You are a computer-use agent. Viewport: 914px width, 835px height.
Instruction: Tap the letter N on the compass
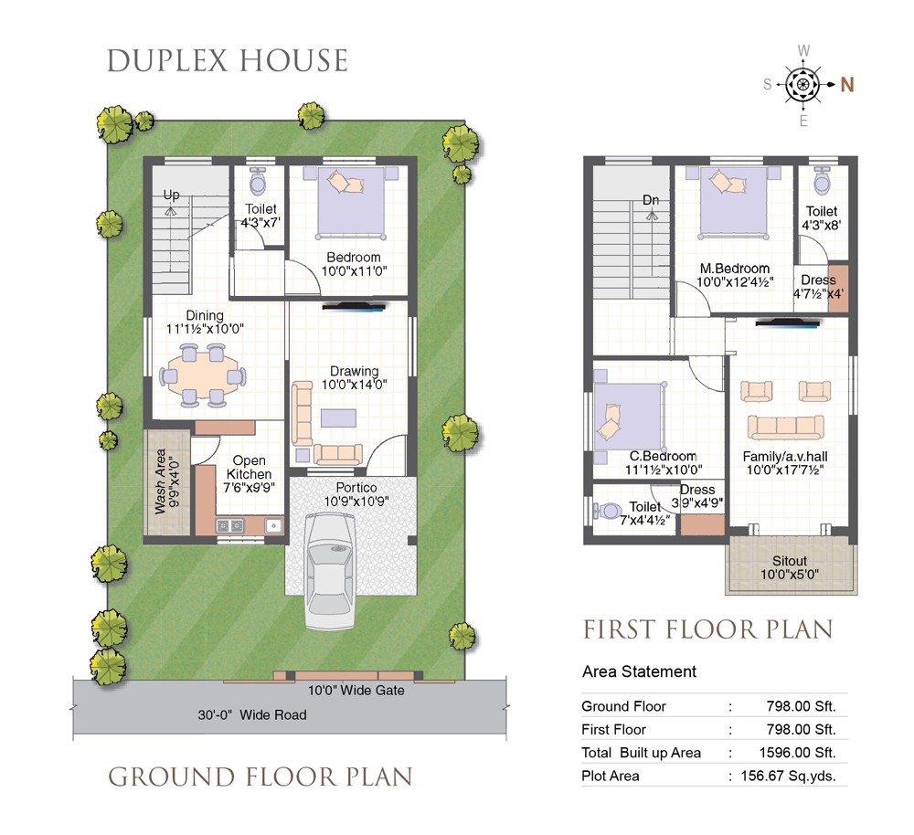(847, 85)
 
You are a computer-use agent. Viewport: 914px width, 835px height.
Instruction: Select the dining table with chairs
(202, 375)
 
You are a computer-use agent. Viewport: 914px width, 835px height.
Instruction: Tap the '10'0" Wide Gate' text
(356, 690)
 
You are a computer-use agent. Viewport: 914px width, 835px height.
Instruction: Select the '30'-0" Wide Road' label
(252, 714)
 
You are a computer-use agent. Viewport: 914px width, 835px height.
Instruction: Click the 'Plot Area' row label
(610, 776)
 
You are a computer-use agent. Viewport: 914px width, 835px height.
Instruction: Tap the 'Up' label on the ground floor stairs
(171, 196)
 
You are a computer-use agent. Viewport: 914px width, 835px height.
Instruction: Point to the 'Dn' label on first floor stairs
(651, 200)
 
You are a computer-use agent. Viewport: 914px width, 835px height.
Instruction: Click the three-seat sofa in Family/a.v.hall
(786, 428)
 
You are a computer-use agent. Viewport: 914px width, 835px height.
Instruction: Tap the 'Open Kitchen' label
(249, 468)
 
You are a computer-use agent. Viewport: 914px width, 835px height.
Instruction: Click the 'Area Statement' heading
(639, 671)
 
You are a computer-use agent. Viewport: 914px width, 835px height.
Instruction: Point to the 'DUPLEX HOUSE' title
(228, 61)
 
